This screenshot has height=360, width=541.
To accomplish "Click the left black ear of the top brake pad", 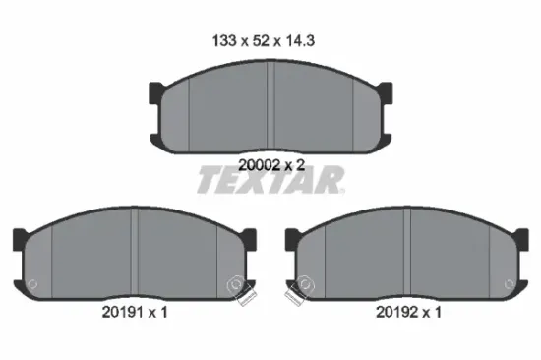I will pyautogui.click(x=155, y=94).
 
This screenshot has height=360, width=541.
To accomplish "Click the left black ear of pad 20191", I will pyautogui.click(x=19, y=238).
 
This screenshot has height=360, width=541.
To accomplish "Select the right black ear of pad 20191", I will pyautogui.click(x=250, y=238).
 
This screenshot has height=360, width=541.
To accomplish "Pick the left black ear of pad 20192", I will pyautogui.click(x=291, y=238).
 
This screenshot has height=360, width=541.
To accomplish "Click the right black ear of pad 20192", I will pyautogui.click(x=522, y=238).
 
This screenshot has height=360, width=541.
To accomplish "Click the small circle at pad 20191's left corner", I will pyautogui.click(x=34, y=285).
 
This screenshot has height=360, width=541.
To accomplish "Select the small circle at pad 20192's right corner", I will pyautogui.click(x=507, y=285).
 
